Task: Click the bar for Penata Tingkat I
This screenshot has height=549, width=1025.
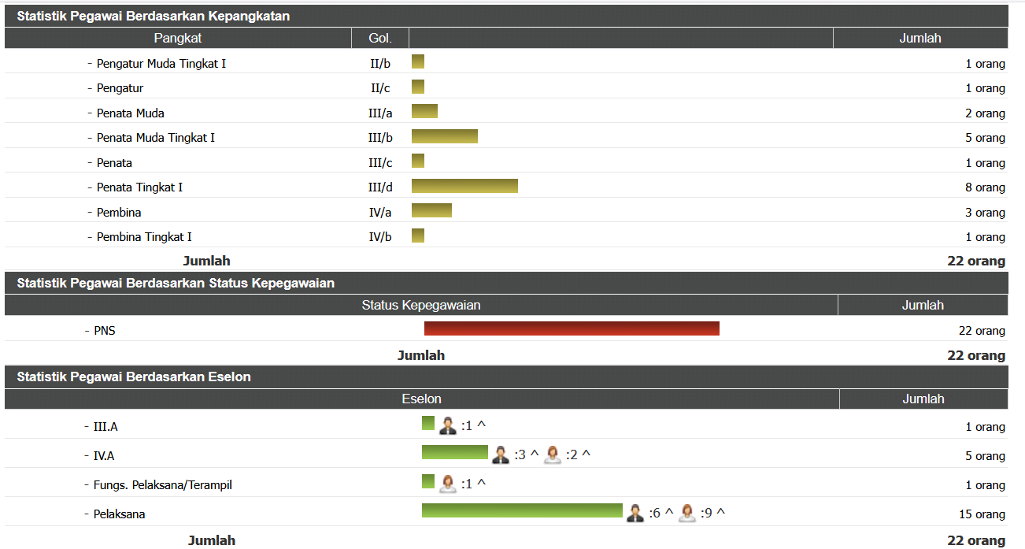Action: pos(464,186)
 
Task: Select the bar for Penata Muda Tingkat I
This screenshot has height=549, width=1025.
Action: pos(444,136)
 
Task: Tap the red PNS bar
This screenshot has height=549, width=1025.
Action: pos(572,328)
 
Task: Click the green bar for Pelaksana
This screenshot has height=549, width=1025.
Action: pos(522,510)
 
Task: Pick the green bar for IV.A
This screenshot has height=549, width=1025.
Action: pos(454,452)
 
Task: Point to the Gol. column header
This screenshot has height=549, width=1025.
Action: pos(379,38)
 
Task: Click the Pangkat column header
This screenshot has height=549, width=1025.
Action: pos(178,38)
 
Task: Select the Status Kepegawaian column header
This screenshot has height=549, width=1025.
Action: pos(421,305)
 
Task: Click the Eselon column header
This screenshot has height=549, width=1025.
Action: pos(421,399)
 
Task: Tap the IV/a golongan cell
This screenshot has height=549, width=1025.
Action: pos(379,212)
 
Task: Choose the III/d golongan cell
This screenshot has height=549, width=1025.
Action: pos(379,187)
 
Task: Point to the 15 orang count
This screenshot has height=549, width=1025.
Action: pos(982,514)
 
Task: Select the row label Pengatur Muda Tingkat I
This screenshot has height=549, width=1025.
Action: pos(161,63)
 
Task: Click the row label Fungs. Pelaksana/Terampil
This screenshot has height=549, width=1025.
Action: pos(162,485)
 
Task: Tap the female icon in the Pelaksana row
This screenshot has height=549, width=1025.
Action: pos(687,514)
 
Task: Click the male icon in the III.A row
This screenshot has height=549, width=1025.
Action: pos(448,425)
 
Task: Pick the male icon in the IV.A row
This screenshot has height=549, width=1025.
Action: pos(501,454)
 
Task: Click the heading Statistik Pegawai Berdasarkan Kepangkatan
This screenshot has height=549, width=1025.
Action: pos(154,16)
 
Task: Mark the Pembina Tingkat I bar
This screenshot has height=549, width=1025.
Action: pos(418,236)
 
